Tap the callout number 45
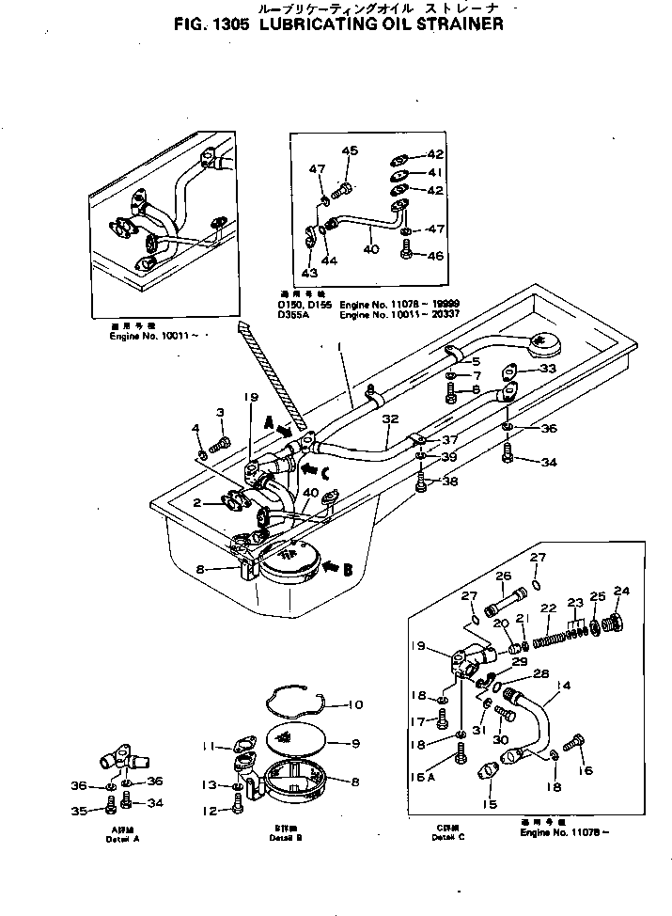tap(350, 151)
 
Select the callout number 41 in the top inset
tap(435, 172)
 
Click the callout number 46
tap(435, 255)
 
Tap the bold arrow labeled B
tap(337, 566)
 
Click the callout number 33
tap(548, 368)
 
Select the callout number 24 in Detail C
tap(621, 591)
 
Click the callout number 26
tap(503, 577)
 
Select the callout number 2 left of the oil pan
tap(198, 503)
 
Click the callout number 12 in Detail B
tap(211, 810)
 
